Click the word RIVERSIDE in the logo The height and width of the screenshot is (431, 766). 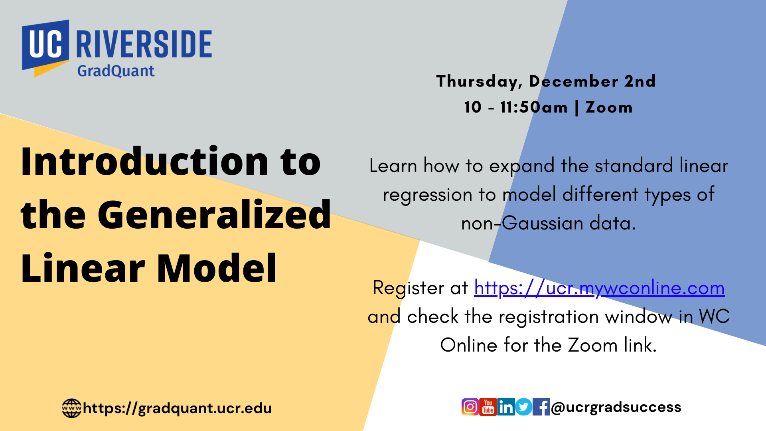pyautogui.click(x=144, y=44)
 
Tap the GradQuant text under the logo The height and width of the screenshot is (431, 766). pyautogui.click(x=116, y=71)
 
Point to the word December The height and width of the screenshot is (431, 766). pyautogui.click(x=573, y=81)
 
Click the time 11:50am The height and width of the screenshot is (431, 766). pyautogui.click(x=534, y=107)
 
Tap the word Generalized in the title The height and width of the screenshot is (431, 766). pyautogui.click(x=214, y=215)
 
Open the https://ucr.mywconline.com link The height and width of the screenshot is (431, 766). pyautogui.click(x=599, y=289)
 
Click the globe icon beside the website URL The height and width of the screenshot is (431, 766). pyautogui.click(x=72, y=408)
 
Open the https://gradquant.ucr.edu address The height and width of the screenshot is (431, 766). pyautogui.click(x=177, y=408)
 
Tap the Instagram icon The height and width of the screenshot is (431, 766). pyautogui.click(x=470, y=407)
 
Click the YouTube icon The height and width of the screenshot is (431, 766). pyautogui.click(x=488, y=407)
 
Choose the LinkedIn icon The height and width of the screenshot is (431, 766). pyautogui.click(x=506, y=407)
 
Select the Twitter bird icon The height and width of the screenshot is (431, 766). pyautogui.click(x=523, y=407)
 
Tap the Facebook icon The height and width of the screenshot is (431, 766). pyautogui.click(x=541, y=407)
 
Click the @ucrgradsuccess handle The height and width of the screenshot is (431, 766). pyautogui.click(x=616, y=407)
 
